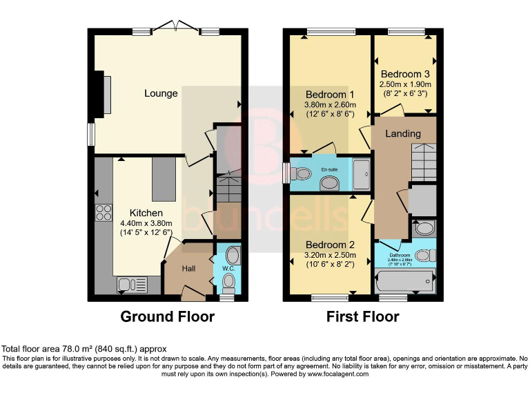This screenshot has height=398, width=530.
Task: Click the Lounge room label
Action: pyautogui.click(x=161, y=93)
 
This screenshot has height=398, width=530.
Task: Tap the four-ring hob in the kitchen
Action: pyautogui.click(x=104, y=212)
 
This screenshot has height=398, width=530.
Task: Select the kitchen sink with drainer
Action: pyautogui.click(x=132, y=284)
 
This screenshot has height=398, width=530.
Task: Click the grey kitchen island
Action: pyautogui.click(x=164, y=178)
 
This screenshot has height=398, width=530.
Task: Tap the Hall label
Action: pyautogui.click(x=190, y=267)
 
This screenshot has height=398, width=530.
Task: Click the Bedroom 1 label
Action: pyautogui.click(x=330, y=94)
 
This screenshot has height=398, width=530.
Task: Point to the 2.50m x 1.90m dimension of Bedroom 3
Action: pyautogui.click(x=404, y=84)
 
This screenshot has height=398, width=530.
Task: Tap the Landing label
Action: pyautogui.click(x=403, y=133)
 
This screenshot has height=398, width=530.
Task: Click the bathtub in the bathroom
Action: pyautogui.click(x=404, y=281)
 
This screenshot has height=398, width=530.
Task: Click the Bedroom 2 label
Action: pyautogui.click(x=330, y=245)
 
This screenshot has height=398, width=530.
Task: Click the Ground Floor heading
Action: pyautogui.click(x=167, y=317)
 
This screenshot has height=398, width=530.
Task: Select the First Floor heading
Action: pyautogui.click(x=362, y=317)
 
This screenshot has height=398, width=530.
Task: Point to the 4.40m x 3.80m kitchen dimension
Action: pyautogui.click(x=146, y=223)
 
